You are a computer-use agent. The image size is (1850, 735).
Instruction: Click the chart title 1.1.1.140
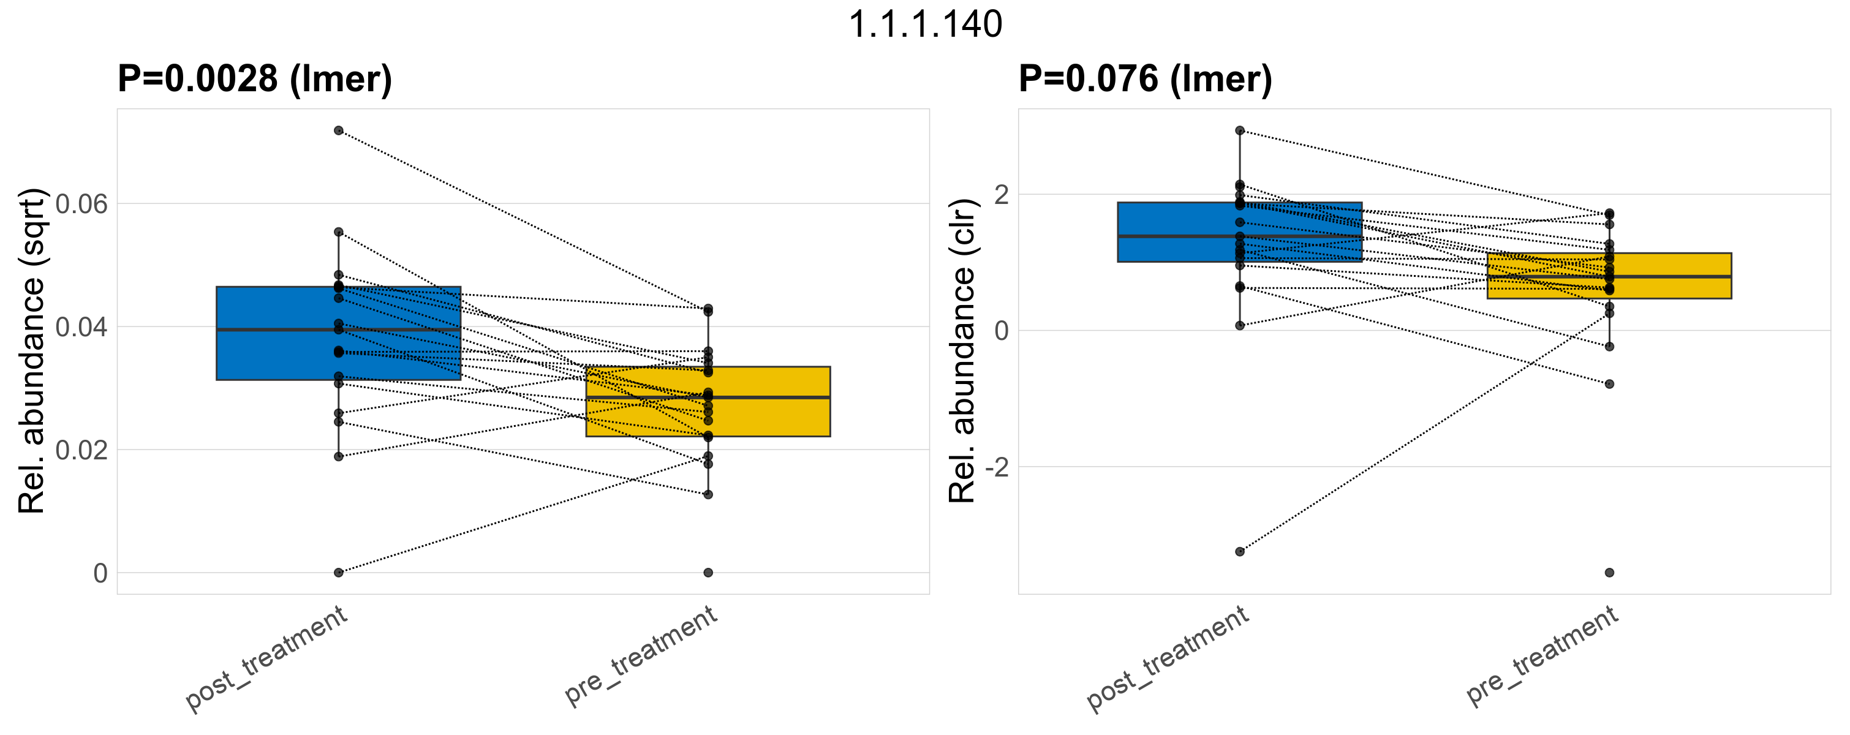925,25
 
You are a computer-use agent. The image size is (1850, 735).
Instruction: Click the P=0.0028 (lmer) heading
255,79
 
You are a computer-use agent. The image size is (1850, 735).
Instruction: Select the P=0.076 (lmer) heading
1145,79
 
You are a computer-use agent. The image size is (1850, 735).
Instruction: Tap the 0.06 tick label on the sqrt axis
81,205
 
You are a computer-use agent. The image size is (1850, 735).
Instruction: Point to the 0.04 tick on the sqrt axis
81,327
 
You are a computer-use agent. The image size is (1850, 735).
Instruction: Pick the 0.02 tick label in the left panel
81,451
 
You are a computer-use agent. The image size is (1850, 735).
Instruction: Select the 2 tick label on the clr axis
1001,195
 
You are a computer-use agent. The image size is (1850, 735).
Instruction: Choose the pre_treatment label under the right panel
1542,655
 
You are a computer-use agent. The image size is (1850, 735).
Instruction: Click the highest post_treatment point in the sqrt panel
338,130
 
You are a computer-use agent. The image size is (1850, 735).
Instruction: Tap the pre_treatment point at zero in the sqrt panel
708,573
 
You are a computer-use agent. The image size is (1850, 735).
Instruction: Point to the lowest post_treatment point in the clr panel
1239,551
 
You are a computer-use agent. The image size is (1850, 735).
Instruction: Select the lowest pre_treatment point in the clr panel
1609,573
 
